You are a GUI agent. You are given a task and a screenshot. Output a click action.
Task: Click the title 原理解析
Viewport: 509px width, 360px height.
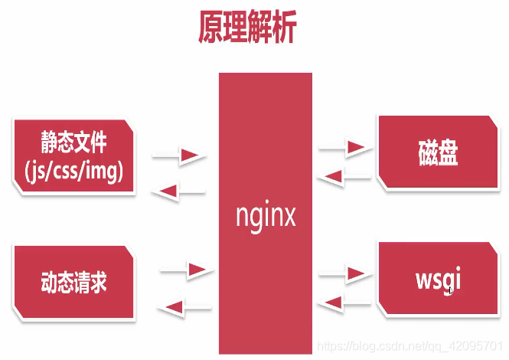point(246,29)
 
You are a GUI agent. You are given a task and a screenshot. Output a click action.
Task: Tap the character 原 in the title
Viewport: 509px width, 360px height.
point(210,29)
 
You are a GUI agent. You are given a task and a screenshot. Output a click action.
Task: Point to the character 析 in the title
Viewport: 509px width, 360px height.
point(282,29)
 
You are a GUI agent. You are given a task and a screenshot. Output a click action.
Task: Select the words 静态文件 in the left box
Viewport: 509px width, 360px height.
point(74,142)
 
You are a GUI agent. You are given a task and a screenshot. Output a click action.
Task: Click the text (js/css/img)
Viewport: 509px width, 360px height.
point(73,172)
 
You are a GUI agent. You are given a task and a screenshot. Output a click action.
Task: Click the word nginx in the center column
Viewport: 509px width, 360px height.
point(266,217)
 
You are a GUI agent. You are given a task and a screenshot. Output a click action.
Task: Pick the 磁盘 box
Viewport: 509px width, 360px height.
point(439,152)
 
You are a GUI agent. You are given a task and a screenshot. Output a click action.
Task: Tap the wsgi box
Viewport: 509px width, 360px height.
point(438,279)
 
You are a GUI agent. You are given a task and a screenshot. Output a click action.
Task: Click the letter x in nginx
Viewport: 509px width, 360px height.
point(289,217)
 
